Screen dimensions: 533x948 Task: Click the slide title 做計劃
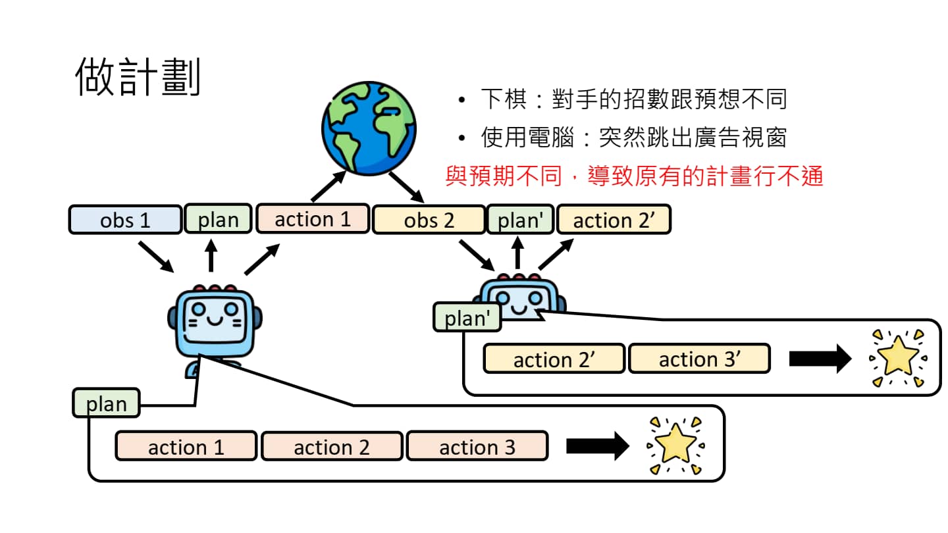(138, 77)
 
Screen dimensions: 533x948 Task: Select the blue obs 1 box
(125, 220)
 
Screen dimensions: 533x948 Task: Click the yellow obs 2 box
(429, 220)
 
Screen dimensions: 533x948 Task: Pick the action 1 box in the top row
(312, 218)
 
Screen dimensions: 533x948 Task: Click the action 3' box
(699, 359)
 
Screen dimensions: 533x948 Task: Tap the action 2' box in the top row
(614, 220)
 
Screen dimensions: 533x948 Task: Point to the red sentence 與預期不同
(634, 176)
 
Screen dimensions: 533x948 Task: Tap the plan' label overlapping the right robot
(467, 318)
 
